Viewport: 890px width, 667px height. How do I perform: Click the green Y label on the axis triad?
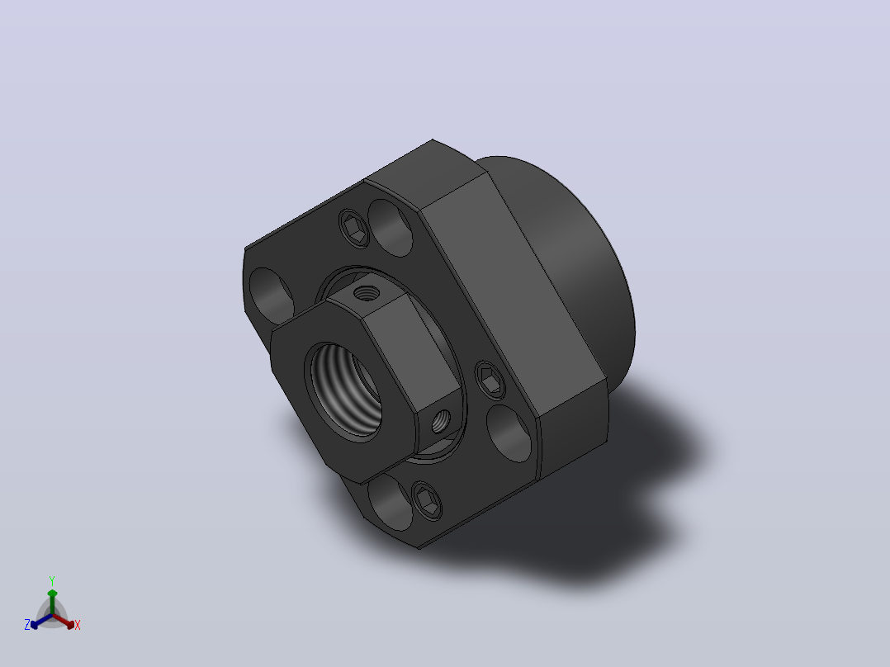(x=52, y=580)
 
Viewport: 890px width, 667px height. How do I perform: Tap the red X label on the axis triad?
(x=78, y=625)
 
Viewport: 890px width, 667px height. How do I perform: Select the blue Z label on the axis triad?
(x=27, y=624)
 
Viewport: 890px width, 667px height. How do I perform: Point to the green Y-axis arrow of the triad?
(x=52, y=602)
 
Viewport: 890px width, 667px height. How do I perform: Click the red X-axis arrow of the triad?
(x=64, y=621)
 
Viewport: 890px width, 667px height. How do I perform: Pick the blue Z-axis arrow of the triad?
(x=41, y=621)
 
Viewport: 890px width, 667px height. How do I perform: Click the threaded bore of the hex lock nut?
(x=343, y=390)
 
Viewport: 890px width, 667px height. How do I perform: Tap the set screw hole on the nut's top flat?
(x=366, y=293)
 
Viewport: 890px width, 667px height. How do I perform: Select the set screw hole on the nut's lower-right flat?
(x=441, y=421)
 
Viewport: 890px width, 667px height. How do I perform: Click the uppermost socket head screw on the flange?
(x=354, y=228)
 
